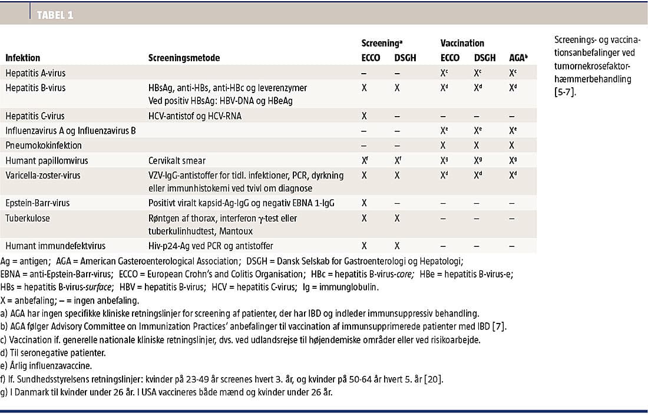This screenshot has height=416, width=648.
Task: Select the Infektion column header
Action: pyautogui.click(x=23, y=58)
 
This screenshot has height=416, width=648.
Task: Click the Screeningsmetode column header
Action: pyautogui.click(x=184, y=58)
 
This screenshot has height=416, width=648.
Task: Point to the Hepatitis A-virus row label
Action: pyautogui.click(x=35, y=73)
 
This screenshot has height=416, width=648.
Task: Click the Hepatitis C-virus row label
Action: pyautogui.click(x=35, y=116)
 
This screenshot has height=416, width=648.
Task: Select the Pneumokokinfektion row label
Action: pyautogui.click(x=44, y=145)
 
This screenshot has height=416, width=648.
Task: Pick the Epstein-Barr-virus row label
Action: pyautogui.click(x=38, y=203)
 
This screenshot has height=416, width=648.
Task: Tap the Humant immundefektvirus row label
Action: pyautogui.click(x=51, y=246)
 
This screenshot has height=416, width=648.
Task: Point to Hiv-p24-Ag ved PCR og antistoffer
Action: pyautogui.click(x=210, y=246)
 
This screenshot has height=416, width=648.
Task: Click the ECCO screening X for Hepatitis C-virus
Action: pyautogui.click(x=365, y=116)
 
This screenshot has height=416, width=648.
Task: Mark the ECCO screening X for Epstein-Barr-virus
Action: pyautogui.click(x=365, y=203)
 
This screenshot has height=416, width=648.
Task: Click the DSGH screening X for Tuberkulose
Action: pyautogui.click(x=398, y=218)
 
